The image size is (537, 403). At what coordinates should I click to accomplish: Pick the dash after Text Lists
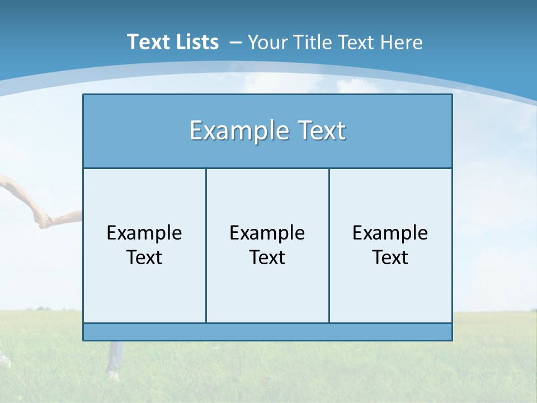235,43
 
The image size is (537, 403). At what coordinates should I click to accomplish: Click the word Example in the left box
144,233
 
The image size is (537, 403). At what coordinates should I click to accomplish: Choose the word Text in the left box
144,257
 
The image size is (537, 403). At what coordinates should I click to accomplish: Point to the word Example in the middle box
267,233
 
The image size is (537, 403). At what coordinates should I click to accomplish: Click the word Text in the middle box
267,257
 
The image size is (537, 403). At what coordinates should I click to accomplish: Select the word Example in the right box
390,233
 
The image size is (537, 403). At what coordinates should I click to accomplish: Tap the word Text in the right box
390,257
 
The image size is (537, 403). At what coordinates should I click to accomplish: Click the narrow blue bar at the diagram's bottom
267,332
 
